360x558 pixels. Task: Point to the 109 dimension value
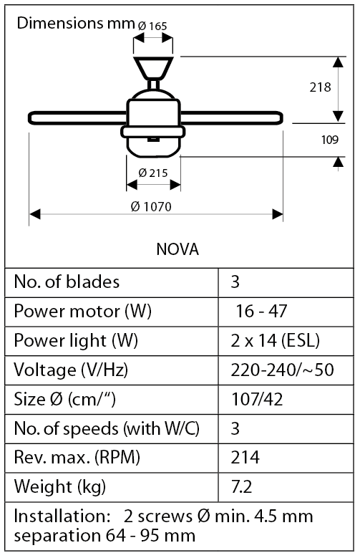point(329,140)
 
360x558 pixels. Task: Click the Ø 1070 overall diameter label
point(151,206)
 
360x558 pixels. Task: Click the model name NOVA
point(177,250)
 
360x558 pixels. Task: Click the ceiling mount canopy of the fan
point(154,67)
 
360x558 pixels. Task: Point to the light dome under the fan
point(154,144)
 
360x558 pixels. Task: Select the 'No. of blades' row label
point(67,282)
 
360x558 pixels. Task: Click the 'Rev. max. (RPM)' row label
point(77,458)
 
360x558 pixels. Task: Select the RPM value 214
point(245,458)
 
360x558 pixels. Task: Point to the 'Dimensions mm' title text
point(74,22)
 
